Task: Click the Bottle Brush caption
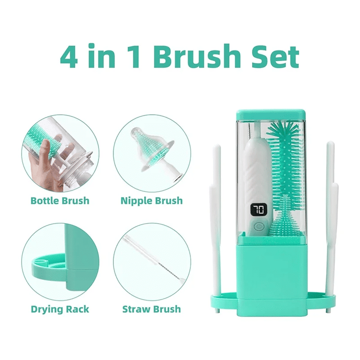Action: tap(60, 201)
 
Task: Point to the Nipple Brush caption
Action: tap(152, 201)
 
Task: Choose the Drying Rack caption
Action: tap(60, 309)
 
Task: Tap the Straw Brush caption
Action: tap(152, 309)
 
